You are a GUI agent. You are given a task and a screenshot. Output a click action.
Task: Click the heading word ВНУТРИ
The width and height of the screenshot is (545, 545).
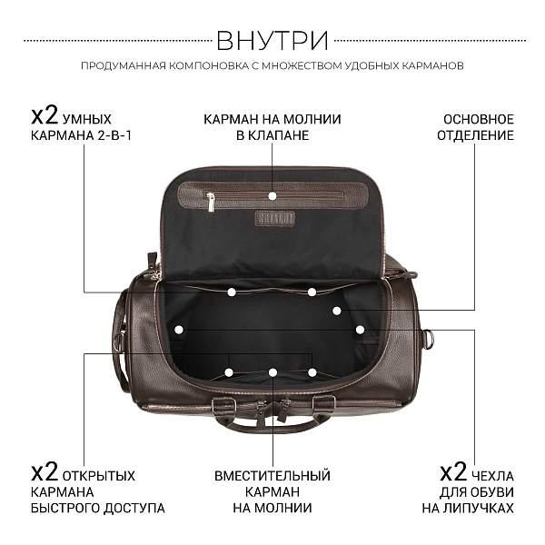pos(272,41)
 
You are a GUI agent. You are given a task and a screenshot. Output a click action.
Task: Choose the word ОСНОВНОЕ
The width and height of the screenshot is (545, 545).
pos(479,119)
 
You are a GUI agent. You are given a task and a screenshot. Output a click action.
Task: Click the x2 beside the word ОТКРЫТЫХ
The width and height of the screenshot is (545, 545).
pos(45,472)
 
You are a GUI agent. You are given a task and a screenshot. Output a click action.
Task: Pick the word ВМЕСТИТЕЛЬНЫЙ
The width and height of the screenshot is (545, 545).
pos(272,475)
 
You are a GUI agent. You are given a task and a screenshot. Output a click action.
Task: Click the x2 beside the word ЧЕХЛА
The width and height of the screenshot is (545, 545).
pos(452,472)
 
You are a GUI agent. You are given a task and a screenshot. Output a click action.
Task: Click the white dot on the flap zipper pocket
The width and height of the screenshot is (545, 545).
pos(272,195)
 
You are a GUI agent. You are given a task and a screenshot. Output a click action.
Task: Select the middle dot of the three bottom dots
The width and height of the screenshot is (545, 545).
pos(272,372)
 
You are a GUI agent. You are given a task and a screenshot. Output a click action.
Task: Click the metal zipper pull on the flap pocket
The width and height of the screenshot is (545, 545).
pos(211,202)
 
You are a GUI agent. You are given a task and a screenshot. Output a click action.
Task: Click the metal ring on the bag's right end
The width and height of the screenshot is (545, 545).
pos(430,338)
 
